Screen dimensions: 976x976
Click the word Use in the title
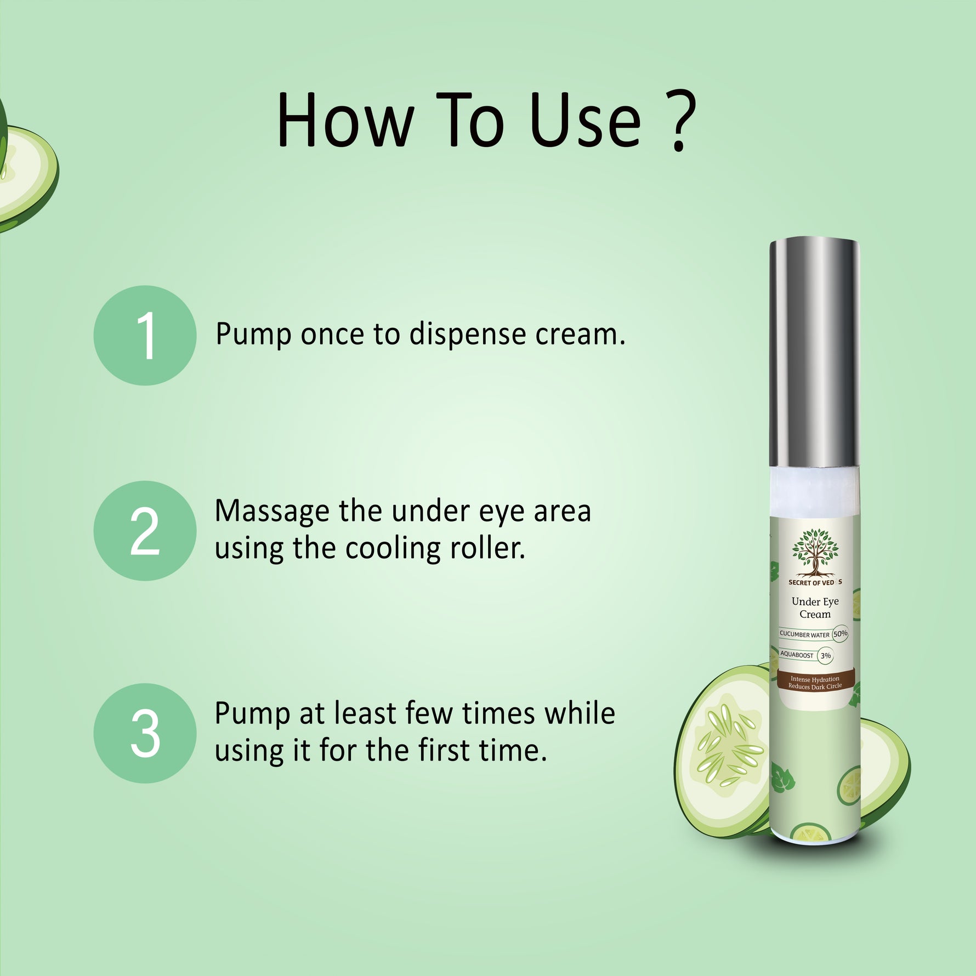click(x=586, y=121)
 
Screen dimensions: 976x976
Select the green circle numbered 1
click(x=145, y=335)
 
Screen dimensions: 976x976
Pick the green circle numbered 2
click(x=145, y=531)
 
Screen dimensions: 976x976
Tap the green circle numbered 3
click(x=145, y=733)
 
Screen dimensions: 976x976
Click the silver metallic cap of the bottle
click(x=814, y=354)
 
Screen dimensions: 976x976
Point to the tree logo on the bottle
click(x=815, y=553)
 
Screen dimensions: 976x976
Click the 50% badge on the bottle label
click(x=840, y=634)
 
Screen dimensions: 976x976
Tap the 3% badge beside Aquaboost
click(x=825, y=655)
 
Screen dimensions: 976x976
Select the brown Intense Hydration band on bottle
click(x=815, y=682)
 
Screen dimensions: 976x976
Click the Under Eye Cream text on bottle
click(x=815, y=608)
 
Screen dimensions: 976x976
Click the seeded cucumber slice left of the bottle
click(x=724, y=751)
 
